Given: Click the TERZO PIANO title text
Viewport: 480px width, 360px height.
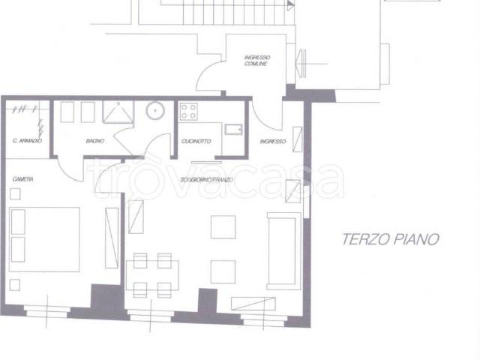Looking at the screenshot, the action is click(x=391, y=239).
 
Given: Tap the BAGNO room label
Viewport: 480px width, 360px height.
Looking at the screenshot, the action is click(x=95, y=141).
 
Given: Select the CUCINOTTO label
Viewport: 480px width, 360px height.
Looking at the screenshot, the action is click(x=196, y=141).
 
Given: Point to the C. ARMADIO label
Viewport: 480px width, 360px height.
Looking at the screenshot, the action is click(x=27, y=141).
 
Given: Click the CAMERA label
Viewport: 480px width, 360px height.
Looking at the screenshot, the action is click(x=23, y=179).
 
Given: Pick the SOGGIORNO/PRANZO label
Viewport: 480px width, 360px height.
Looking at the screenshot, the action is click(x=207, y=180).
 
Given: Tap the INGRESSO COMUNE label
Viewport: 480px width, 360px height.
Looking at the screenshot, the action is click(x=257, y=60).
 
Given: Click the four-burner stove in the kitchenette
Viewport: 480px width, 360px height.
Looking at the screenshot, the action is click(x=188, y=112).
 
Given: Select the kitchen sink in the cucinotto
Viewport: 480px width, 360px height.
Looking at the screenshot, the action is click(x=233, y=130).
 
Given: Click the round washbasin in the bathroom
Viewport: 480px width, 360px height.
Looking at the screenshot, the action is click(x=155, y=110).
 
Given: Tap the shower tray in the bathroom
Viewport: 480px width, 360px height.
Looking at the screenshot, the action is click(x=118, y=112).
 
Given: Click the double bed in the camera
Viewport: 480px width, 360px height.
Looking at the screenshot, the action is click(x=44, y=239).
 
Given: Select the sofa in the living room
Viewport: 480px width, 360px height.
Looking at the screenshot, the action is click(x=284, y=251).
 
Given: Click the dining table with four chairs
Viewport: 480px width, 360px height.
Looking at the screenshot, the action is click(x=152, y=275).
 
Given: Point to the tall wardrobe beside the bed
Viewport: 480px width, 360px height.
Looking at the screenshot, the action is click(x=112, y=238).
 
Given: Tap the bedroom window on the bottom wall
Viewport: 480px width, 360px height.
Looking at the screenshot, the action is click(x=46, y=311).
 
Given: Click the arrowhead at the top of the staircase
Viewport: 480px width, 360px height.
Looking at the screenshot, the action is click(x=291, y=5).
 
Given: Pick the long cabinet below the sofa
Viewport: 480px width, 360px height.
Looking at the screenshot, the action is click(x=253, y=304).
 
